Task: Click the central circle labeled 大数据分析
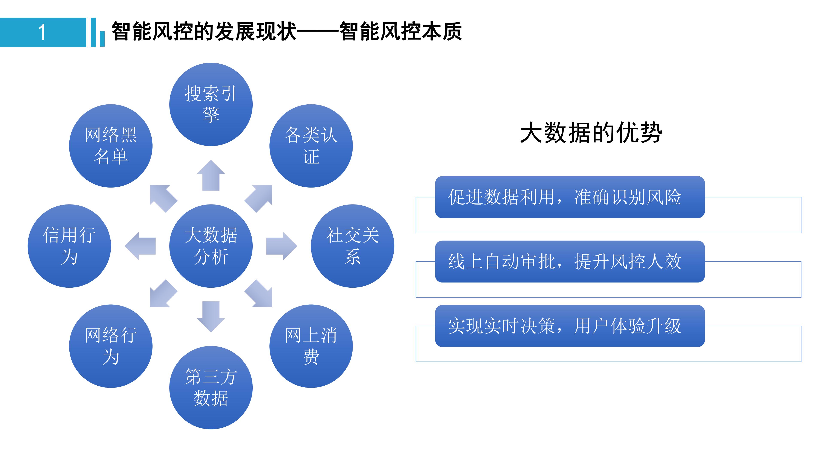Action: coord(211,246)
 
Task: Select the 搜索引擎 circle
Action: coord(211,104)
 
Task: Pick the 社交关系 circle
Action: coord(352,246)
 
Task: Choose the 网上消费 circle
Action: coord(311,346)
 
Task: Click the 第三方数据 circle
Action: coord(211,388)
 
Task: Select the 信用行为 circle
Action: coord(69,246)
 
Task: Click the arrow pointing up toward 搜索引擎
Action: coord(211,176)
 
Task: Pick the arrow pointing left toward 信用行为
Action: coord(141,246)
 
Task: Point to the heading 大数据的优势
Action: coord(591,132)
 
